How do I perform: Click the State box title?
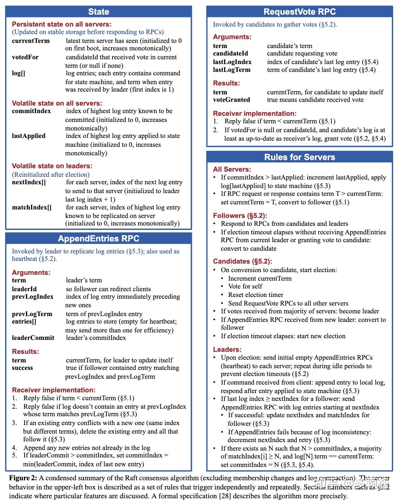point(99,12)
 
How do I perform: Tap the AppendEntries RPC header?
point(99,238)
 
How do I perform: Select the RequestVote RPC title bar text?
point(299,12)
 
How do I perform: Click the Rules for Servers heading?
point(299,157)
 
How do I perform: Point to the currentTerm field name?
point(31,41)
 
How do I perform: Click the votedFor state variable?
point(25,57)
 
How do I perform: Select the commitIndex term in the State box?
point(31,111)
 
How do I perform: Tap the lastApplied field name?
point(29,136)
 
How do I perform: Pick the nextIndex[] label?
point(29,182)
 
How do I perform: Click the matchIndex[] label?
point(32,207)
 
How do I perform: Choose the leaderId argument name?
point(24,289)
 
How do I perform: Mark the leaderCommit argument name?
point(33,338)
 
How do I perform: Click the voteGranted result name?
point(231,100)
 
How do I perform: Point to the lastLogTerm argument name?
point(232,70)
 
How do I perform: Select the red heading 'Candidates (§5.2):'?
point(242,261)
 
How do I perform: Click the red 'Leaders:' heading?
point(227,349)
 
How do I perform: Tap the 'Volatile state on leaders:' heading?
point(52,166)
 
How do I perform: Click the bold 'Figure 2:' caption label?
point(23,478)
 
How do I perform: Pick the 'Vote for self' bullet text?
point(245,286)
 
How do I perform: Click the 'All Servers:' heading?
point(232,169)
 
